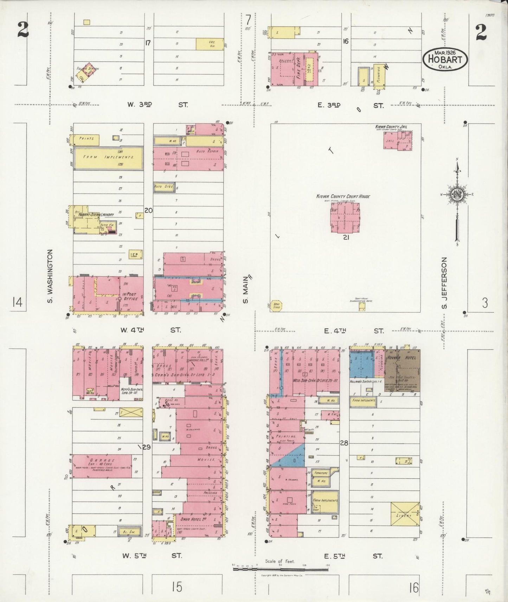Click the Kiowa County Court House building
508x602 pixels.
[x=345, y=217]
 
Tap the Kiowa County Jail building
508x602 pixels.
[x=398, y=141]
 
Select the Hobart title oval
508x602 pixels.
[x=445, y=59]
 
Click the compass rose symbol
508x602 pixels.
[x=457, y=195]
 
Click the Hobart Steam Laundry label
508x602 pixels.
[x=91, y=215]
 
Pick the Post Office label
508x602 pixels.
[x=130, y=296]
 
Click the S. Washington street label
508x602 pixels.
[x=50, y=276]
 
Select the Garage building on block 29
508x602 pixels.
[x=102, y=466]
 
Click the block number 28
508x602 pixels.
[x=344, y=443]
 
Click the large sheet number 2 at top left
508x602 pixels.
[x=23, y=31]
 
